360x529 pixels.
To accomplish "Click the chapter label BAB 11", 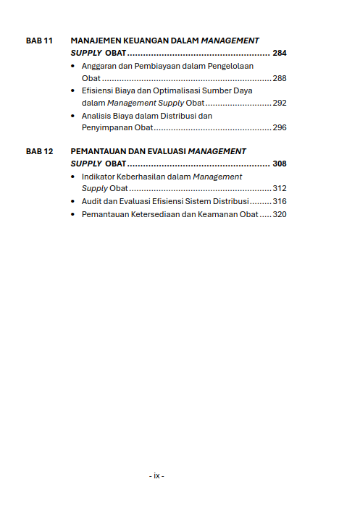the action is [39, 41].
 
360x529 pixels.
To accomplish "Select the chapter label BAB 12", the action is [39, 152].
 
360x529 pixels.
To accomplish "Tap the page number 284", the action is [280, 54].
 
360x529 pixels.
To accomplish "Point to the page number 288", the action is [280, 78].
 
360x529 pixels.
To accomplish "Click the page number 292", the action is [280, 103].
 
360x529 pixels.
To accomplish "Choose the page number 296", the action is [280, 127].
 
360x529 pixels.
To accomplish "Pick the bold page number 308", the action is [280, 164].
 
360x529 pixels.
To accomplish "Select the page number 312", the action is [280, 189].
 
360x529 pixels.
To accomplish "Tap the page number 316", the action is [280, 201].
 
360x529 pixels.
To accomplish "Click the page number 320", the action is [280, 214].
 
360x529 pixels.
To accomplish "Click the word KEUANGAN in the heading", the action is [143, 41].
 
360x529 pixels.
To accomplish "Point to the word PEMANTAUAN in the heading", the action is [99, 152].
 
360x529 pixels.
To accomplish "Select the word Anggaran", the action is [99, 66].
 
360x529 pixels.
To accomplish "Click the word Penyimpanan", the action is [107, 127].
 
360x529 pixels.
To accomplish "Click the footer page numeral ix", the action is [156, 475].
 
